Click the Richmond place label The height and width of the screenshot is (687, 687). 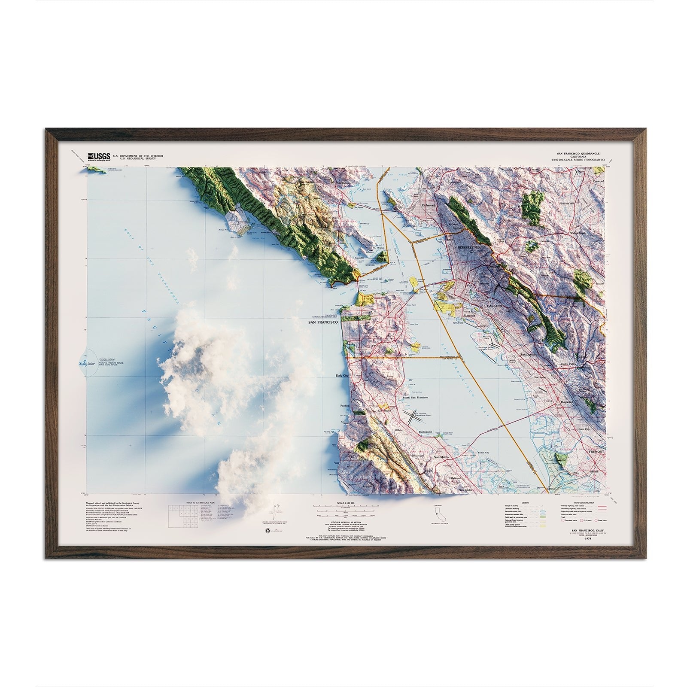[429, 206]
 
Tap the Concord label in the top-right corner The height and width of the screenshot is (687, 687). [597, 181]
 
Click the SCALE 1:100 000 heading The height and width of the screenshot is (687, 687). [347, 502]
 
